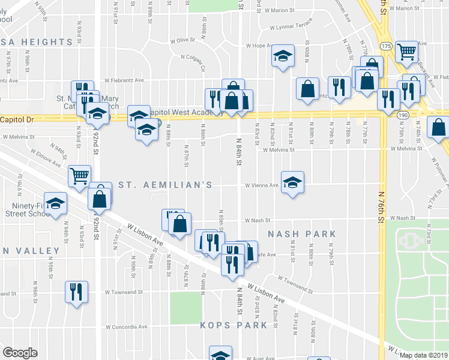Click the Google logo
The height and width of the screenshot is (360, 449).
click(20, 353)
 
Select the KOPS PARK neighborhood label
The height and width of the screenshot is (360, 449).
click(234, 325)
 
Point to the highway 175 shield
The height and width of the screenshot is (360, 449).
click(386, 46)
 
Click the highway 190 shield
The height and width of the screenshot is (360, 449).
click(402, 115)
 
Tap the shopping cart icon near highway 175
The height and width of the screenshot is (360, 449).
click(407, 53)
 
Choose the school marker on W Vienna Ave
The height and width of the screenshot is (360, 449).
click(292, 182)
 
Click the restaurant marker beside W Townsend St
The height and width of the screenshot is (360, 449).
click(76, 292)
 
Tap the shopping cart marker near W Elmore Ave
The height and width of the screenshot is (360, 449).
click(80, 176)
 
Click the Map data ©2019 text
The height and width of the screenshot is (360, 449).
click(424, 355)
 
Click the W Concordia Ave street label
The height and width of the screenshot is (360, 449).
click(127, 327)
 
